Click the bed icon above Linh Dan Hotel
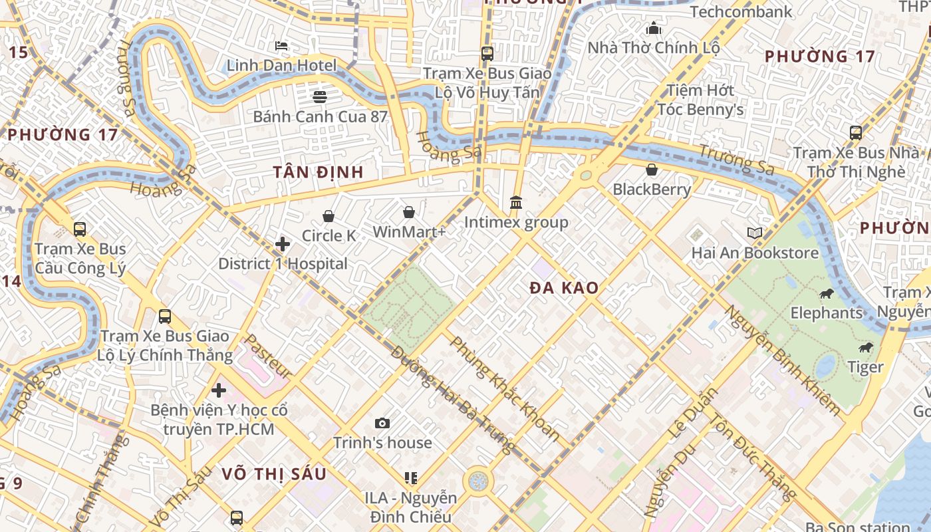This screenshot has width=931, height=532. pyautogui.click(x=281, y=46)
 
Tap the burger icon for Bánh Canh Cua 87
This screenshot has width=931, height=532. pyautogui.click(x=320, y=97)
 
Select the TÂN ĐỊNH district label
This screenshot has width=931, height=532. pyautogui.click(x=319, y=172)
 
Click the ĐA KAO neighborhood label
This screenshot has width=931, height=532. pyautogui.click(x=564, y=288)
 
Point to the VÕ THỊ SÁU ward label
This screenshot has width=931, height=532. pyautogui.click(x=274, y=473)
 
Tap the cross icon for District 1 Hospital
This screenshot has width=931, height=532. pyautogui.click(x=283, y=244)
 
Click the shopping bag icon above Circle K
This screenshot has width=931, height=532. pyautogui.click(x=328, y=216)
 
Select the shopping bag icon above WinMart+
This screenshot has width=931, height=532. pyautogui.click(x=409, y=212)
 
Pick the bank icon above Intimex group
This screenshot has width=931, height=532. pyautogui.click(x=516, y=202)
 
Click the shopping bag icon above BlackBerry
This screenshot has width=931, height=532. pyautogui.click(x=652, y=170)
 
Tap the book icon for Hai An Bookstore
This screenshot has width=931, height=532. pyautogui.click(x=755, y=233)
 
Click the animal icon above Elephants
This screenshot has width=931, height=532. pyautogui.click(x=827, y=293)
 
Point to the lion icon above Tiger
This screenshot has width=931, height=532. pyautogui.click(x=865, y=347)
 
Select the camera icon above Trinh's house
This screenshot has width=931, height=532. pyautogui.click(x=382, y=423)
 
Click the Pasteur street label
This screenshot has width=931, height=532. pyautogui.click(x=267, y=356)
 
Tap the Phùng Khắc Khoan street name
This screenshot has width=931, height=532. pyautogui.click(x=505, y=389)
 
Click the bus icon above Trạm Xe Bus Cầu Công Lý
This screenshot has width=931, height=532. pyautogui.click(x=80, y=229)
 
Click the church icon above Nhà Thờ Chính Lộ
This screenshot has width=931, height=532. pyautogui.click(x=654, y=29)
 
